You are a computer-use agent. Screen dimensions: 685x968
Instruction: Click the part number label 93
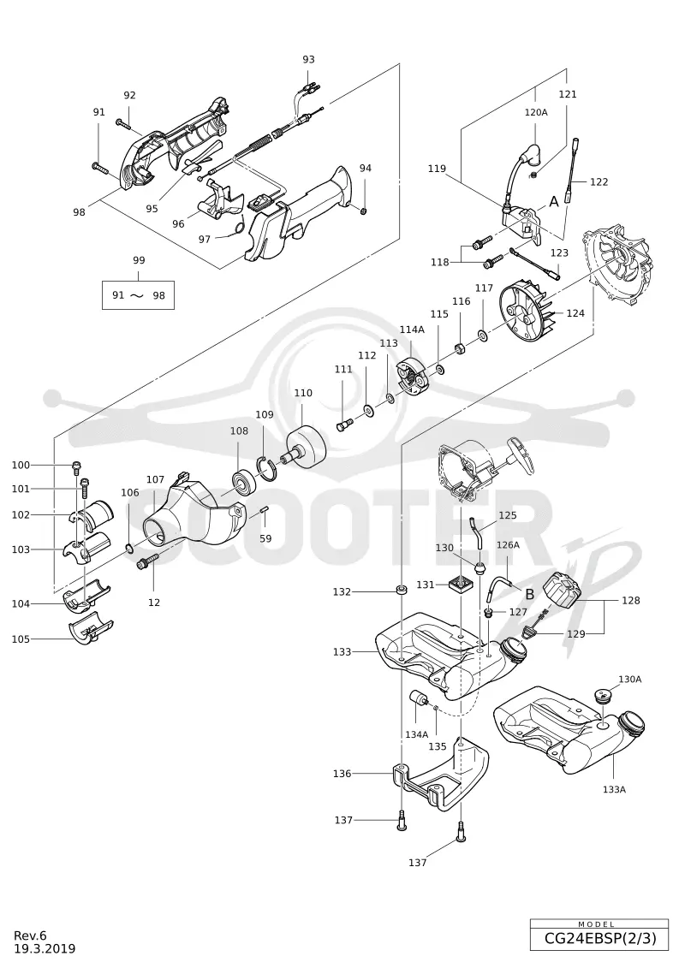308,59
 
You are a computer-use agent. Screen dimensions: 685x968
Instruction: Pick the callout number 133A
614,789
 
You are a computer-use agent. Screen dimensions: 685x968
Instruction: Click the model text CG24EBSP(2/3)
599,939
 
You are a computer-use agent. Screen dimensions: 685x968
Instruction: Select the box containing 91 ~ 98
139,295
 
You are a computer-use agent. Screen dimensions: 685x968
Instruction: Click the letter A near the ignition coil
553,201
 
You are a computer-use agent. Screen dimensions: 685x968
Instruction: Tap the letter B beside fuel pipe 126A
529,594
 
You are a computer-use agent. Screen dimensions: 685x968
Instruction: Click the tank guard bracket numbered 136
438,778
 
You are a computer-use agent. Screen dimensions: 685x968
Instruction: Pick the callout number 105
21,639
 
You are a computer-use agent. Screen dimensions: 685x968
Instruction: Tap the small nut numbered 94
364,211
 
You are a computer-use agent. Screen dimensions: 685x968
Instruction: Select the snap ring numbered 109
267,467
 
